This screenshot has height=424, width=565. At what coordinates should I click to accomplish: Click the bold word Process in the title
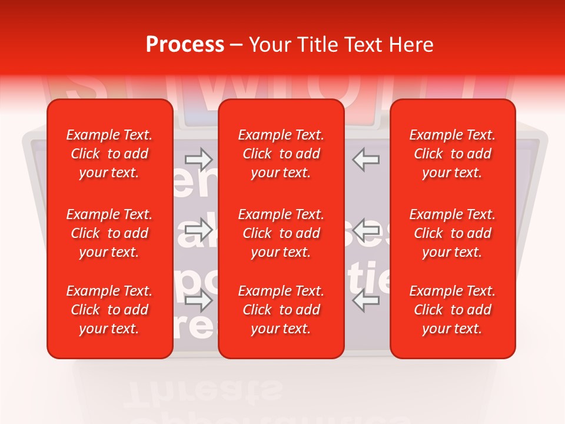185,45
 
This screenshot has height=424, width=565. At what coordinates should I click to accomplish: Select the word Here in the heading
412,45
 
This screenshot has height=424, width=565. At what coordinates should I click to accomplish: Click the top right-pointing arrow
198,158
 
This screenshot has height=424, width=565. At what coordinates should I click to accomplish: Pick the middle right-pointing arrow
198,228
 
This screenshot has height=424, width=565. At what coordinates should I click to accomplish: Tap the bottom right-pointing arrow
198,300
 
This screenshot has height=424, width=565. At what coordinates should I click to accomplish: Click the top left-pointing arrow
366,159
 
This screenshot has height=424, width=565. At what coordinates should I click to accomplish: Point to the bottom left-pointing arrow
366,300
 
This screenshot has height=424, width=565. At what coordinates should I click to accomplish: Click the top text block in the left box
109,154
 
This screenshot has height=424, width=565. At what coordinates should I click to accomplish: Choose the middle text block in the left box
109,233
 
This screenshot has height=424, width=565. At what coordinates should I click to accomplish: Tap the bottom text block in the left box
109,310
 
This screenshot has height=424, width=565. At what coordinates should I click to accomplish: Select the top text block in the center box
281,154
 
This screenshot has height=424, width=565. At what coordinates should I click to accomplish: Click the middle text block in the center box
281,233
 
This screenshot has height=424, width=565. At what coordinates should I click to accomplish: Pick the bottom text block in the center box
281,310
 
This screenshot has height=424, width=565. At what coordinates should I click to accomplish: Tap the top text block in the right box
453,154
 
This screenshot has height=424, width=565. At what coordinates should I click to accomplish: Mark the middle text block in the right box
453,233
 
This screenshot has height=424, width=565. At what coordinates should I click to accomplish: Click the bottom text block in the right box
453,310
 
